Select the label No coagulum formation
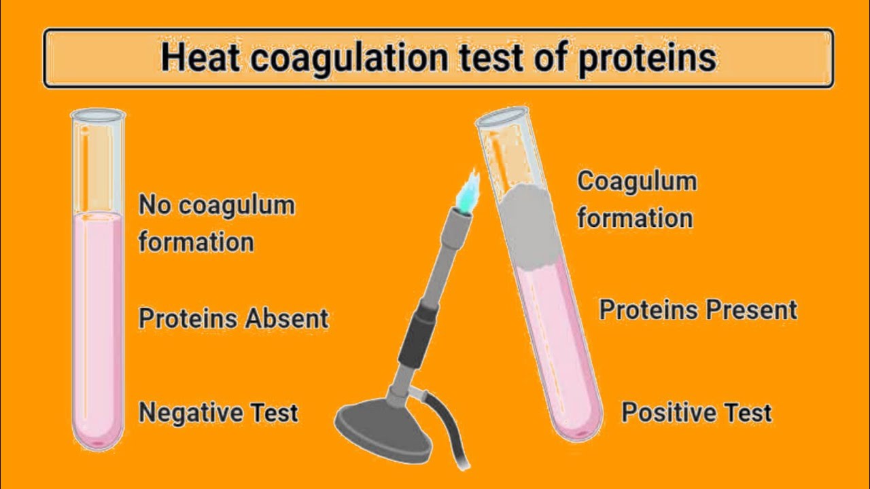[x=216, y=223]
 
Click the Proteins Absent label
[x=233, y=318]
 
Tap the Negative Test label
[x=218, y=412]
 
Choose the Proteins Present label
[x=697, y=310]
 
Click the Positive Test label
[x=697, y=412]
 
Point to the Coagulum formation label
[x=636, y=200]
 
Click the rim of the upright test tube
[x=98, y=115]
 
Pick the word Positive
[x=662, y=412]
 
